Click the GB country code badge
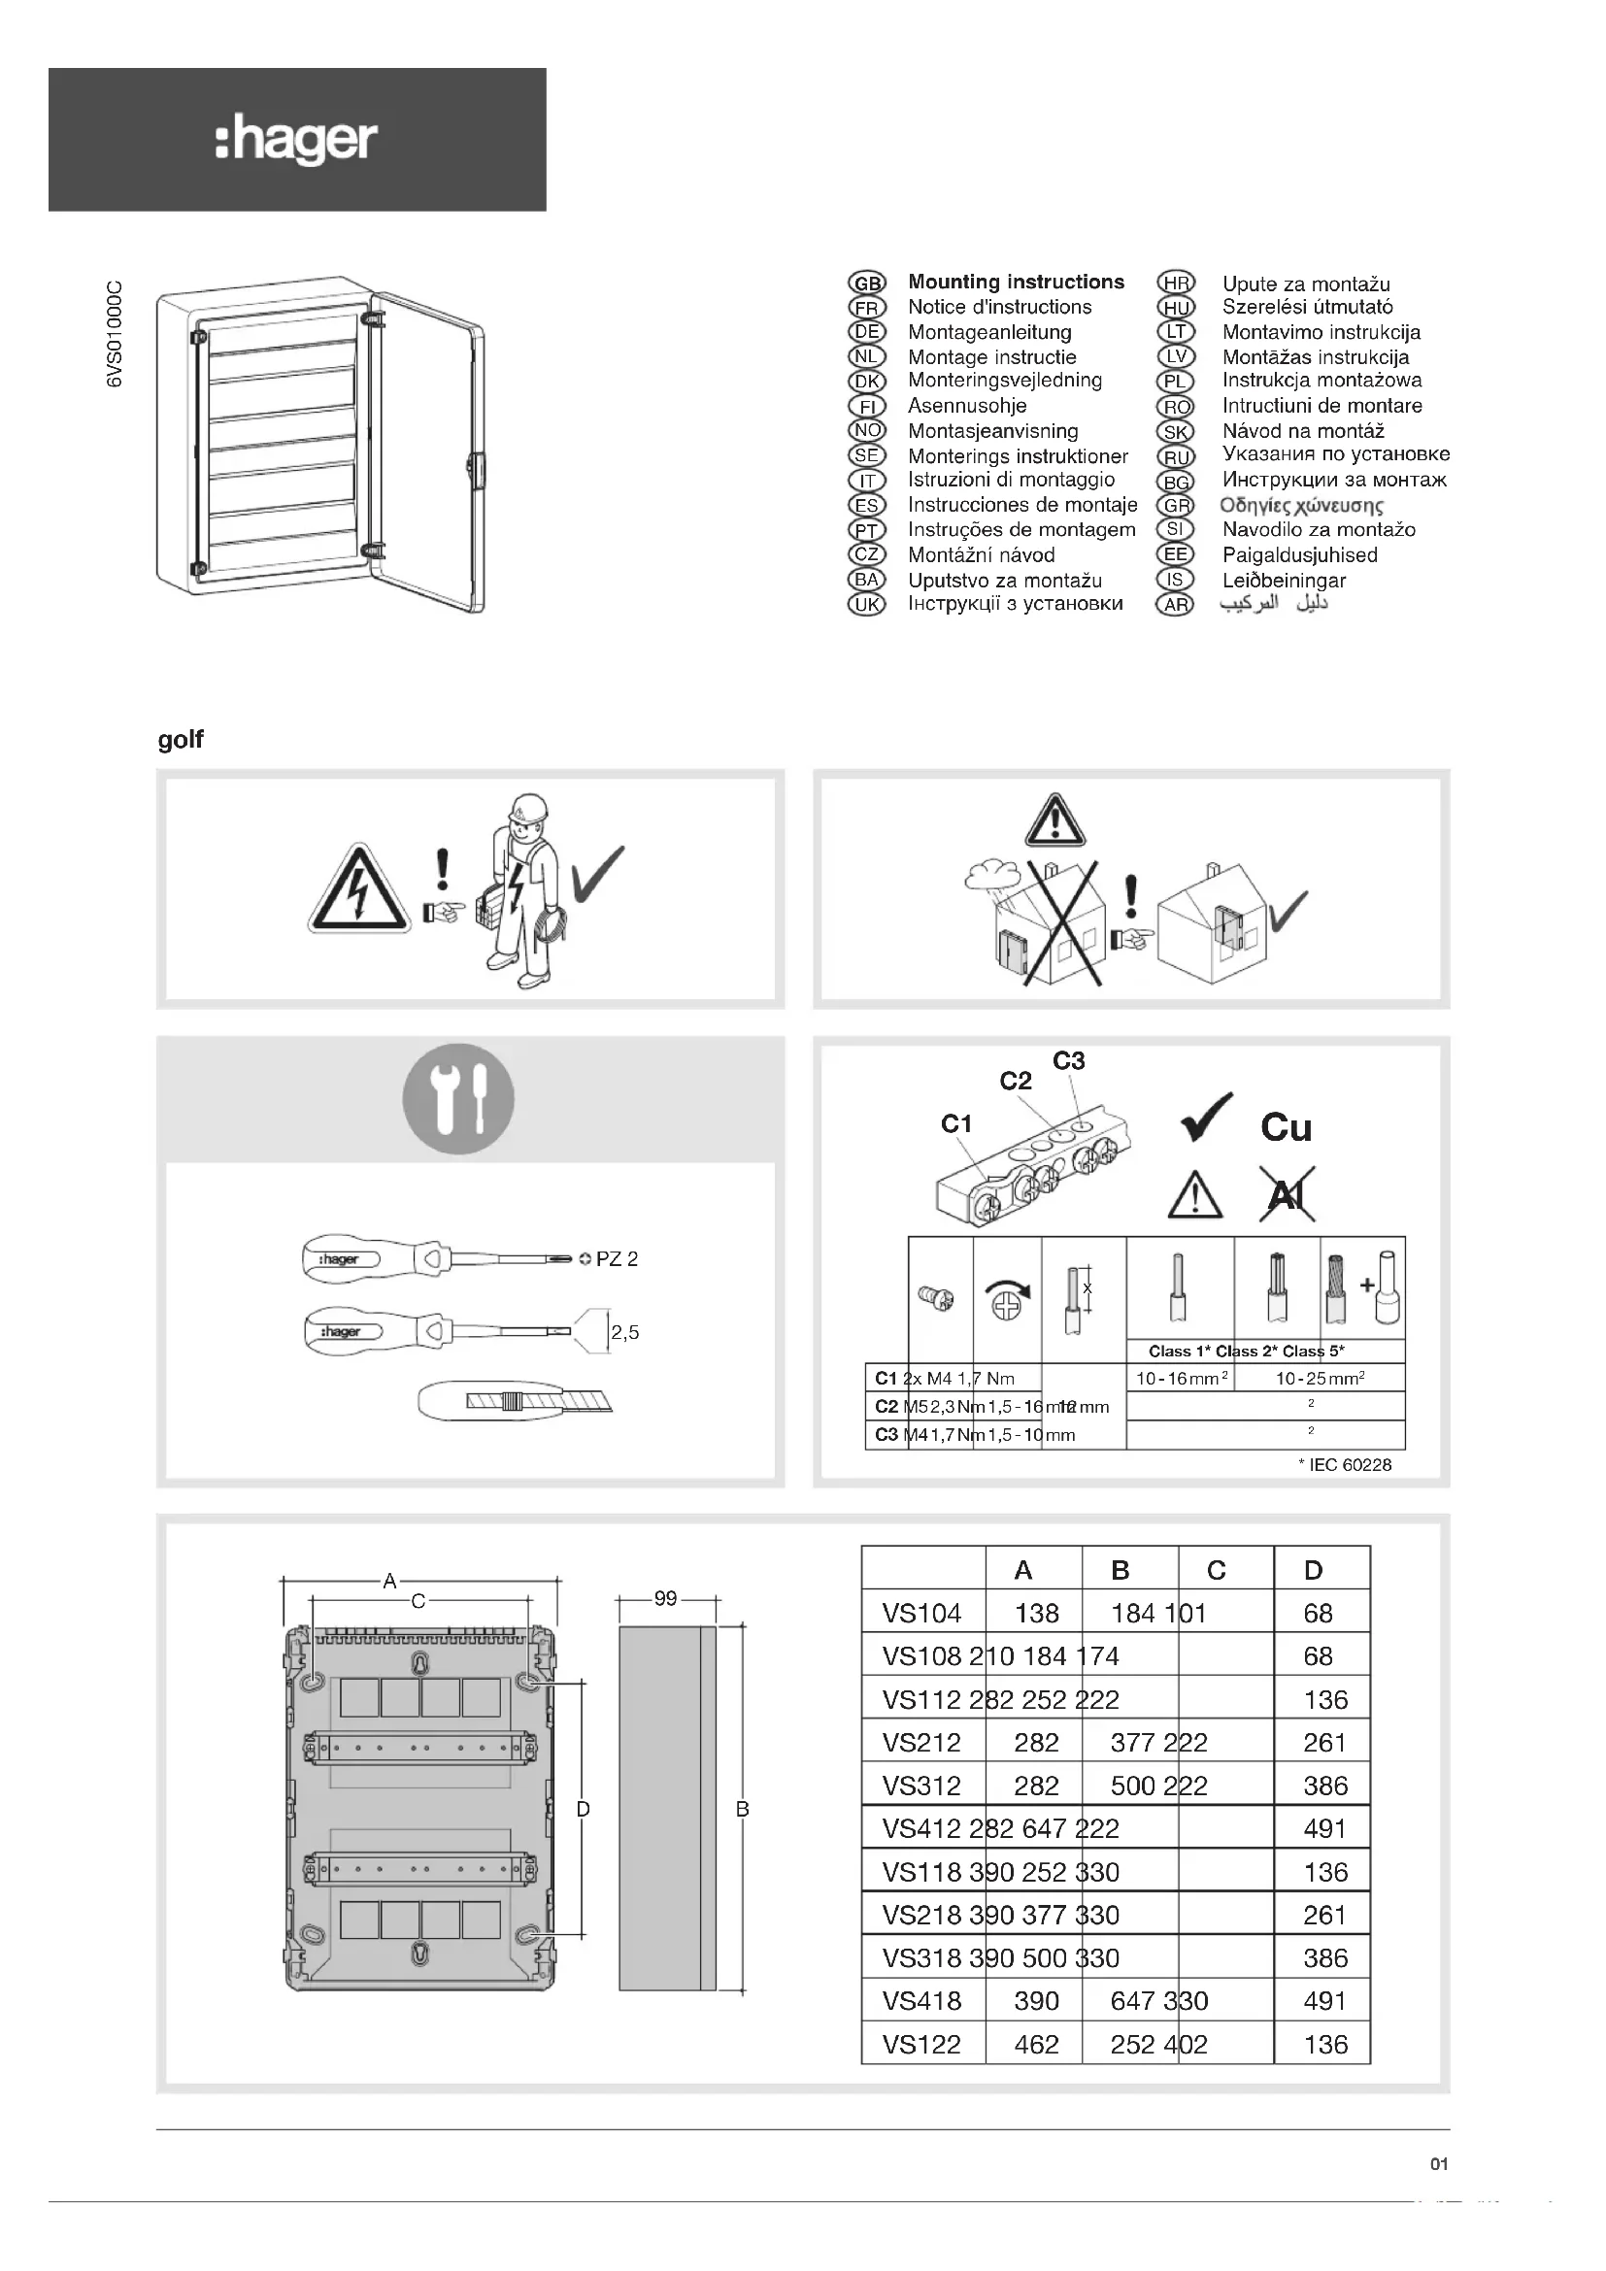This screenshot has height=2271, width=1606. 867,283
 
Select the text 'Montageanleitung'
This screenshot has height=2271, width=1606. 988,332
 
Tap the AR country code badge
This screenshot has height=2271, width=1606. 1175,604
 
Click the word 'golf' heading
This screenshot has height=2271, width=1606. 180,740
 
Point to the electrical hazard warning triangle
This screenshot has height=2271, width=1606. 358,891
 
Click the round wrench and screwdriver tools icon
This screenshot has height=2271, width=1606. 458,1099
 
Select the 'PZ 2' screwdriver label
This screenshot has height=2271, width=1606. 617,1259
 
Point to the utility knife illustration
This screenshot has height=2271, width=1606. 515,1400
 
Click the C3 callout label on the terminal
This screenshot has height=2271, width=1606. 1068,1061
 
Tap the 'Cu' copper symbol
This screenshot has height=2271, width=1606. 1286,1127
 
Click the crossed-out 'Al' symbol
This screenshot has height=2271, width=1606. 1286,1195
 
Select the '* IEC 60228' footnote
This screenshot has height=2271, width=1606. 1344,1465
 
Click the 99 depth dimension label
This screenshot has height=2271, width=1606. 665,1598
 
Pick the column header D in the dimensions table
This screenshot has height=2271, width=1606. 1313,1570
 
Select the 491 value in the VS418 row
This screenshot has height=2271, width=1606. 1324,2001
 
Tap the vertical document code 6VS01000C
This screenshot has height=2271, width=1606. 116,334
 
